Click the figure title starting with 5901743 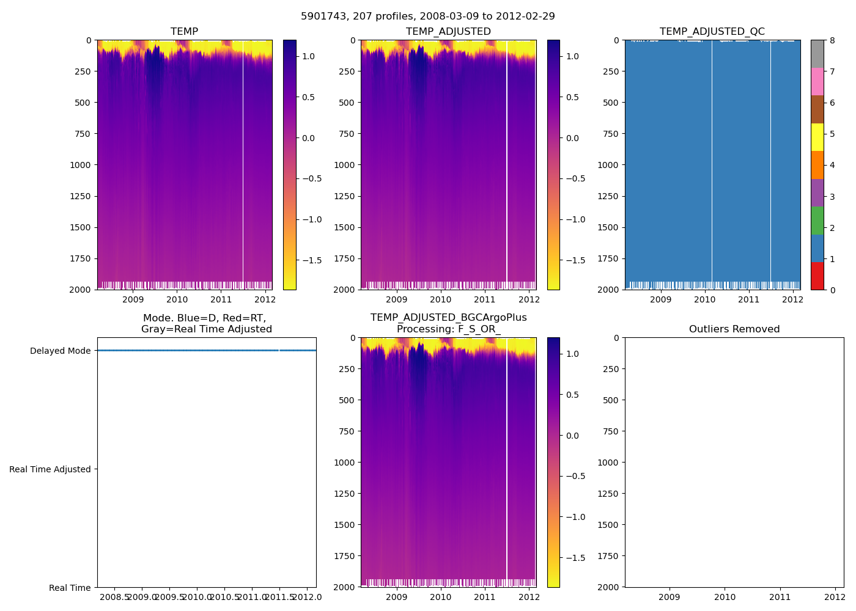pyautogui.click(x=428, y=16)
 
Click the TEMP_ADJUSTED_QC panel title pyautogui.click(x=712, y=32)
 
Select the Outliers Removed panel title pyautogui.click(x=734, y=329)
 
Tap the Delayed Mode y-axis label pyautogui.click(x=60, y=351)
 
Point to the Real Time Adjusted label pyautogui.click(x=50, y=469)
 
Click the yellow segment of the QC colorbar pyautogui.click(x=817, y=137)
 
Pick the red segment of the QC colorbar pyautogui.click(x=817, y=276)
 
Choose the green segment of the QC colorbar pyautogui.click(x=817, y=221)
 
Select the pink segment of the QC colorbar pyautogui.click(x=817, y=82)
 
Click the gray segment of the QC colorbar pyautogui.click(x=817, y=54)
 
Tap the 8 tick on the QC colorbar pyautogui.click(x=832, y=40)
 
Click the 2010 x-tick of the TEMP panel pyautogui.click(x=177, y=299)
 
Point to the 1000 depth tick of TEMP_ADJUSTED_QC pyautogui.click(x=608, y=165)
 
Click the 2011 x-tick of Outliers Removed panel pyautogui.click(x=780, y=597)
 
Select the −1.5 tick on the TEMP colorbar pyautogui.click(x=312, y=260)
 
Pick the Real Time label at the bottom pyautogui.click(x=70, y=588)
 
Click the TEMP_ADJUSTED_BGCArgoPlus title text pyautogui.click(x=448, y=318)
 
